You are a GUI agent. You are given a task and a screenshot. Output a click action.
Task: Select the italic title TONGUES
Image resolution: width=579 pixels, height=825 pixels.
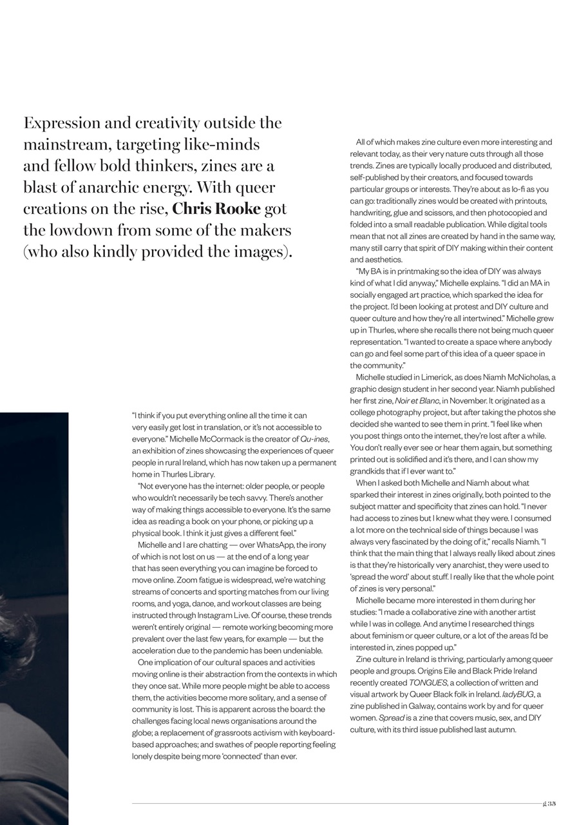click(x=428, y=682)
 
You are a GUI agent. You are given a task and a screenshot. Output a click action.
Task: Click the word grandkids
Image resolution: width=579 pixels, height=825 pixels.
click(x=369, y=471)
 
